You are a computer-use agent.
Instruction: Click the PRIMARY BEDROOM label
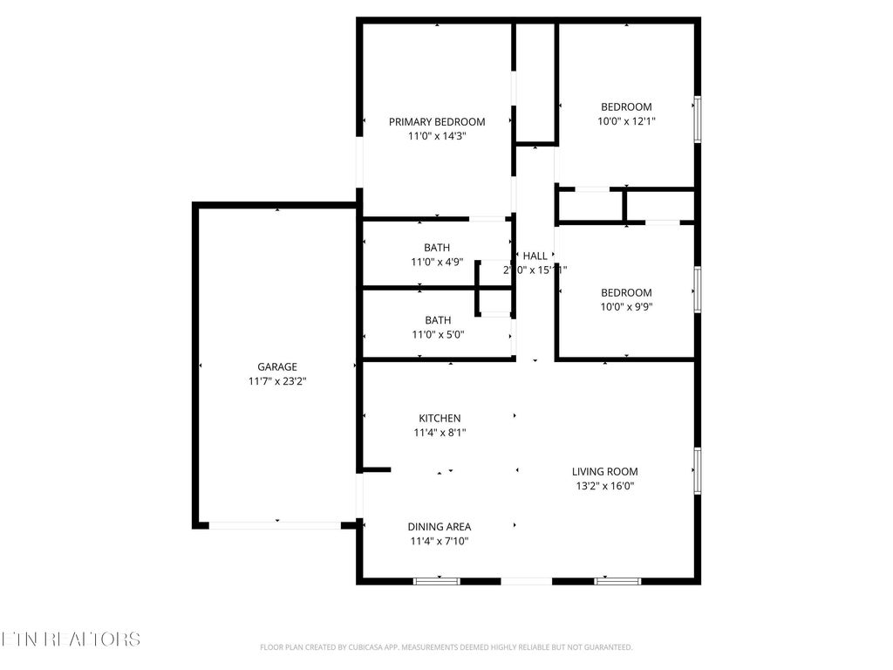coord(437,121)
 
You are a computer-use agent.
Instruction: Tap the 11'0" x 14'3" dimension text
coord(437,136)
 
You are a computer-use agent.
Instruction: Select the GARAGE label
coord(276,366)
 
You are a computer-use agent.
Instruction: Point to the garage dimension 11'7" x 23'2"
coord(276,381)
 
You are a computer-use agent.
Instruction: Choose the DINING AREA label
coord(440,526)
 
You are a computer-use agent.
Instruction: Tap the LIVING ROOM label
coord(604,471)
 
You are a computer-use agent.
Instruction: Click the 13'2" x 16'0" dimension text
coord(604,486)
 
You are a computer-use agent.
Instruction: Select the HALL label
coord(535,256)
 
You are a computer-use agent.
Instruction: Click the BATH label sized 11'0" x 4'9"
coord(437,247)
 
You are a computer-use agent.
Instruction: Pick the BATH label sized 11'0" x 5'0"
coord(438,319)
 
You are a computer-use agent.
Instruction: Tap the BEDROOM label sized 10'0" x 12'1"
coord(626,106)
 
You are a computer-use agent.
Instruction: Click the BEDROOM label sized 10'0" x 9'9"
coord(626,292)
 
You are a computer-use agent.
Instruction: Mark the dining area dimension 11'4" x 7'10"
coord(440,541)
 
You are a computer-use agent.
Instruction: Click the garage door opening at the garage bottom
coord(275,525)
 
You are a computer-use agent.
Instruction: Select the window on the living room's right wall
coord(697,470)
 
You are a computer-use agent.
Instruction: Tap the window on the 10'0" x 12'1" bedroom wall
coord(697,119)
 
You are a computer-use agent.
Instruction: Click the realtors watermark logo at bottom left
coord(70,639)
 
